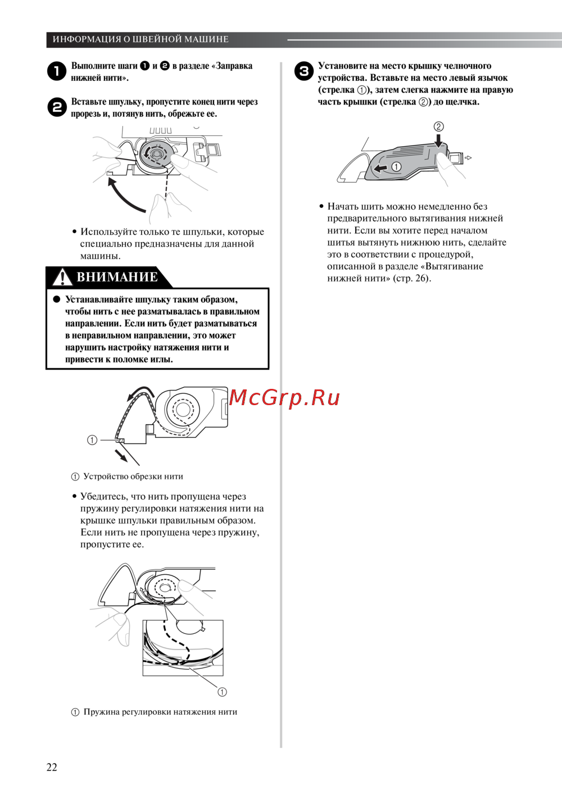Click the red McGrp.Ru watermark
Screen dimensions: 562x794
[x=284, y=398]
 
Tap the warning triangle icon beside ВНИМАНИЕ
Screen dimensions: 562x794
[x=62, y=277]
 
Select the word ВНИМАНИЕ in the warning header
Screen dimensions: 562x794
[x=117, y=277]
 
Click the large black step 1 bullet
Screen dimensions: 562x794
[x=57, y=71]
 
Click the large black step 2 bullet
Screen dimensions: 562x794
[x=57, y=107]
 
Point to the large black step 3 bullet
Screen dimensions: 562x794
[x=304, y=71]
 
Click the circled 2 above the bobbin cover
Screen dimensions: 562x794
[x=438, y=126]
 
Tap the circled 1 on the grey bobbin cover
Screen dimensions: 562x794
[x=396, y=166]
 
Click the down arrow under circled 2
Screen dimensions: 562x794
[x=439, y=140]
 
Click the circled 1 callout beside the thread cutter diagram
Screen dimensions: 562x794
[x=92, y=440]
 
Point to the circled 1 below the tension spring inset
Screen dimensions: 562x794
[x=222, y=692]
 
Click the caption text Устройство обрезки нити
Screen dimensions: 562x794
[x=133, y=477]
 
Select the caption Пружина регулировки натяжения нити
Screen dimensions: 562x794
[x=160, y=712]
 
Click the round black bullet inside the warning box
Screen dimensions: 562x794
[x=57, y=300]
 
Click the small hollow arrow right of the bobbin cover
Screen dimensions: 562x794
[x=468, y=158]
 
